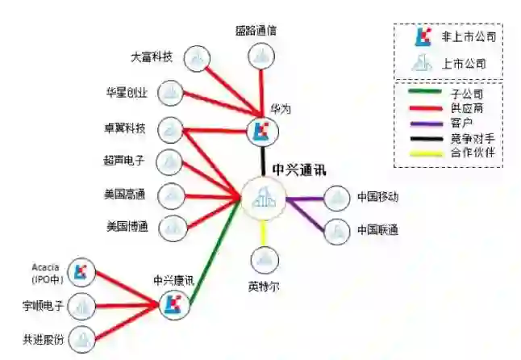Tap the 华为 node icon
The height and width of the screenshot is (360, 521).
[x=260, y=132]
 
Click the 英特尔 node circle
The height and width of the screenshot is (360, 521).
[x=264, y=260]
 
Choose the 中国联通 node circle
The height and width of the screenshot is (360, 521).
[x=336, y=232]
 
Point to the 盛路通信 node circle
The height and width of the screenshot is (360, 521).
[x=260, y=57]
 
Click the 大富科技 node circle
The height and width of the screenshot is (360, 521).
[x=198, y=58]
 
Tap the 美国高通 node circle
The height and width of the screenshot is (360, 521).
[x=170, y=195]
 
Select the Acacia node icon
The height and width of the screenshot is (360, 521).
[x=80, y=273]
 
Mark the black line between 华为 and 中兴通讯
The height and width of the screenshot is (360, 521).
[x=262, y=159]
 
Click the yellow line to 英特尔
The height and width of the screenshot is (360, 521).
[x=264, y=232]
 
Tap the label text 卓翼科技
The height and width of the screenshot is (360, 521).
[x=125, y=128]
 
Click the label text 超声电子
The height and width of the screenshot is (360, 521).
[x=125, y=161]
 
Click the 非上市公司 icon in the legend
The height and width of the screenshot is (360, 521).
[x=423, y=37]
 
